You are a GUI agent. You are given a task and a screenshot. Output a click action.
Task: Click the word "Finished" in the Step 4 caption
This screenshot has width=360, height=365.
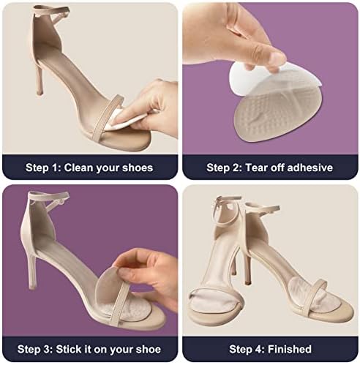click(x=290, y=350)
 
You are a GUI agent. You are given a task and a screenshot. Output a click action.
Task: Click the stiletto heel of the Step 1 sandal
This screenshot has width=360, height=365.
click(x=39, y=79)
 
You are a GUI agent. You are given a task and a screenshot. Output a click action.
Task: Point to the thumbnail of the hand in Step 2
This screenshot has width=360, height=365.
click(x=277, y=59)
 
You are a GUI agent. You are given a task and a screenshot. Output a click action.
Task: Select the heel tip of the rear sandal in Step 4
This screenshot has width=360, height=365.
click(x=247, y=283)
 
